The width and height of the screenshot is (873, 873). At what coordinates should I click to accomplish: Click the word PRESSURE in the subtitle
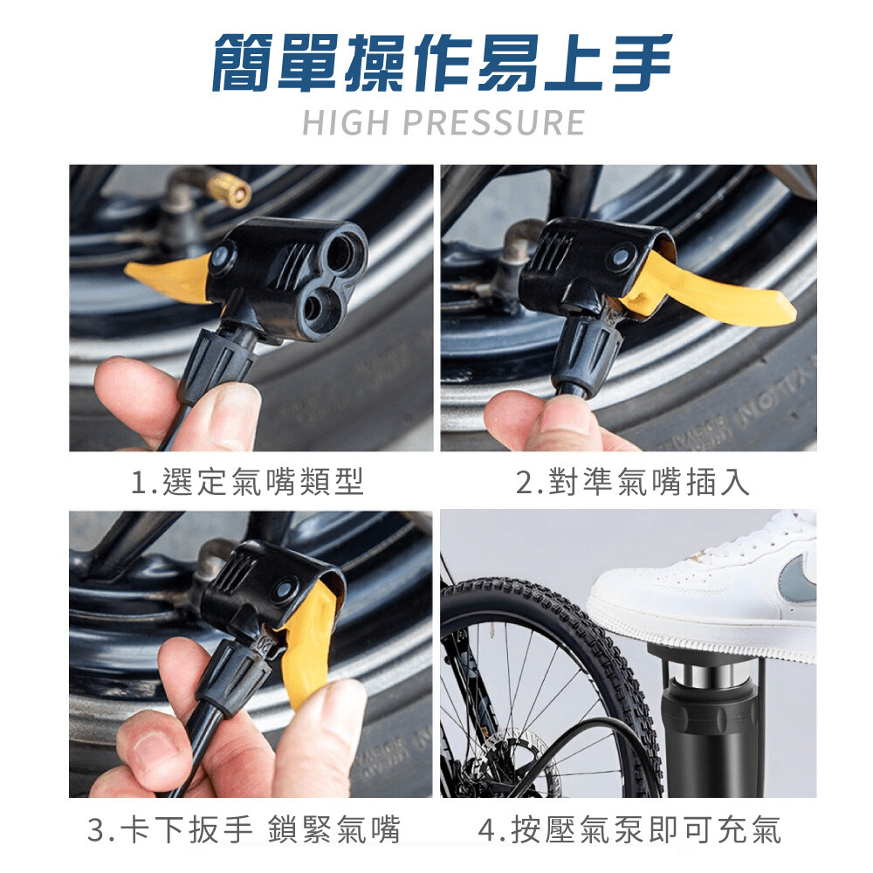tap(493, 122)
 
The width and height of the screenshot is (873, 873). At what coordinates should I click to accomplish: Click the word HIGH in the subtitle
tap(345, 122)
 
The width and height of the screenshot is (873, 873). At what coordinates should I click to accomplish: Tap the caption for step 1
tap(248, 482)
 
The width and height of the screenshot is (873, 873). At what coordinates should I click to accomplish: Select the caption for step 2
tap(632, 482)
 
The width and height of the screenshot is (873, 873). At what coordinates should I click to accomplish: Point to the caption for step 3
tap(244, 828)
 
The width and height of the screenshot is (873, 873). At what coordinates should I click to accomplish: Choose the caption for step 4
tap(629, 828)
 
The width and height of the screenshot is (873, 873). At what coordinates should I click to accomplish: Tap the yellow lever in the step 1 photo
tap(169, 278)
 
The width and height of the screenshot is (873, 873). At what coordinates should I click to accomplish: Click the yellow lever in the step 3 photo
tap(309, 646)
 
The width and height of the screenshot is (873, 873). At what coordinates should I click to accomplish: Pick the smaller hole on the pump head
tap(318, 306)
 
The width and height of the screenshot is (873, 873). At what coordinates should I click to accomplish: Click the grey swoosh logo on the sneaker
tap(799, 579)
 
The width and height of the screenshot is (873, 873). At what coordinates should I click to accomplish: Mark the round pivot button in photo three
tap(285, 591)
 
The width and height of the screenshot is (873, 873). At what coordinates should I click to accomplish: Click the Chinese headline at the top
tap(443, 62)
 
